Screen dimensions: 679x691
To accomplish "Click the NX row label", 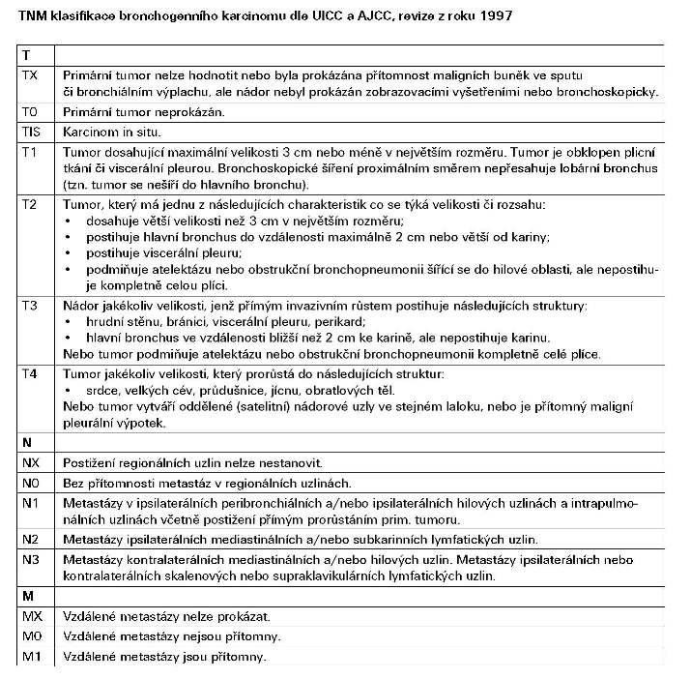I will point(31,463).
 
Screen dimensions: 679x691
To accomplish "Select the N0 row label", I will point(31,483).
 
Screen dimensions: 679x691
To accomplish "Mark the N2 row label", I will point(31,539).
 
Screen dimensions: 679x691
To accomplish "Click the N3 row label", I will point(31,559).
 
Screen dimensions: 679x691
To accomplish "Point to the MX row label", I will point(32,616).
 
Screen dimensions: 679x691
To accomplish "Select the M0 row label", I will point(32,636).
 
